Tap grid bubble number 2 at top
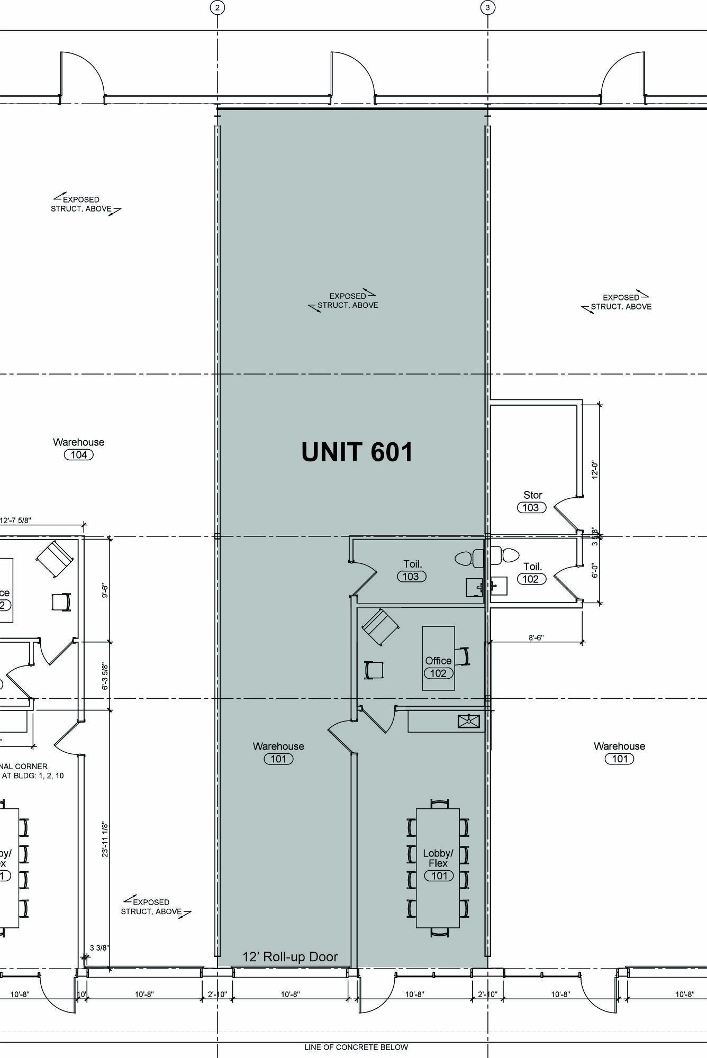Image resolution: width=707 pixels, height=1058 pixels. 217,7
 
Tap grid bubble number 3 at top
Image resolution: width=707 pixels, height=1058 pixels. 487,7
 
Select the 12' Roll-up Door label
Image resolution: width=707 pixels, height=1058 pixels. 290,956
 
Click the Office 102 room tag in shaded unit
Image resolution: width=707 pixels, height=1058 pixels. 438,667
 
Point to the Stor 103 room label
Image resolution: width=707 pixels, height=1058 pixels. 532,501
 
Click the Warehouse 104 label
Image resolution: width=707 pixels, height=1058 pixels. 78,448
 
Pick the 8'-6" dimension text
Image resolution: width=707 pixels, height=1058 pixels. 536,638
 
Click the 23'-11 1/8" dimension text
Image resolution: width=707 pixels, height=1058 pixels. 105,840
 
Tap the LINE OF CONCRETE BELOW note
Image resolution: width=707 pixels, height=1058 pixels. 356,1047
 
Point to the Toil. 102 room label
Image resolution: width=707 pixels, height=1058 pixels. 532,573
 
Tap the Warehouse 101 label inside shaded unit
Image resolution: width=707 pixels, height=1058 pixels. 278,752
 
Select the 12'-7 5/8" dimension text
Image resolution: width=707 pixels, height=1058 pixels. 16,520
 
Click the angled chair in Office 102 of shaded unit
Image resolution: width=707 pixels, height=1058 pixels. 380,627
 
